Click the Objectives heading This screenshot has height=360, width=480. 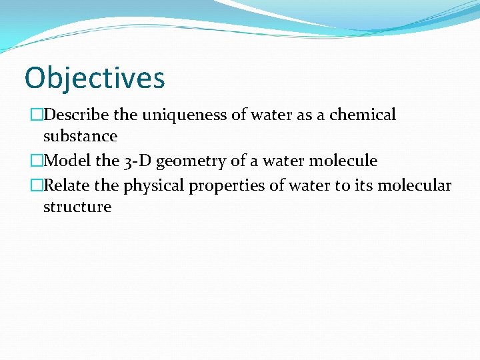pyautogui.click(x=94, y=78)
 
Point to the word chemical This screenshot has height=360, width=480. pyautogui.click(x=364, y=115)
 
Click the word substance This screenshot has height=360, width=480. pyautogui.click(x=80, y=137)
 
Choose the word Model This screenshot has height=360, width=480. pyautogui.click(x=67, y=161)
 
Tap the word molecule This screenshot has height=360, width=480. pyautogui.click(x=345, y=161)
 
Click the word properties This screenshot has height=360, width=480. pyautogui.click(x=227, y=186)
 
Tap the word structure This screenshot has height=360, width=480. pyautogui.click(x=77, y=207)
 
